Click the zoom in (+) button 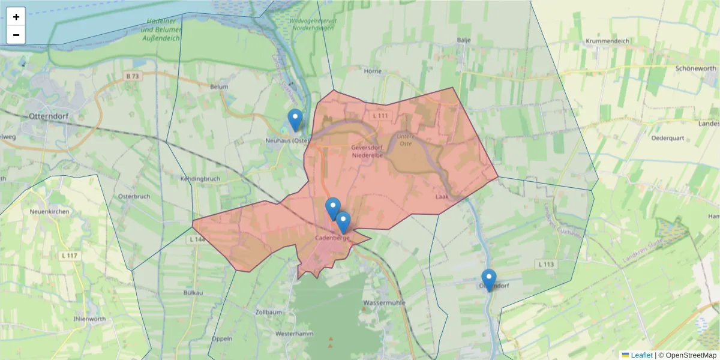coord(16,17)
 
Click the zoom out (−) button coord(16,35)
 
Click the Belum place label coord(219,86)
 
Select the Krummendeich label coord(607,41)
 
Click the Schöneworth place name coord(696,68)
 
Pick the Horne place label coord(373,71)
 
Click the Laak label coord(442,196)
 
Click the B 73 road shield coord(133,76)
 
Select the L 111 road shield coord(380,115)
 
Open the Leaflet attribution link coord(641,355)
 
